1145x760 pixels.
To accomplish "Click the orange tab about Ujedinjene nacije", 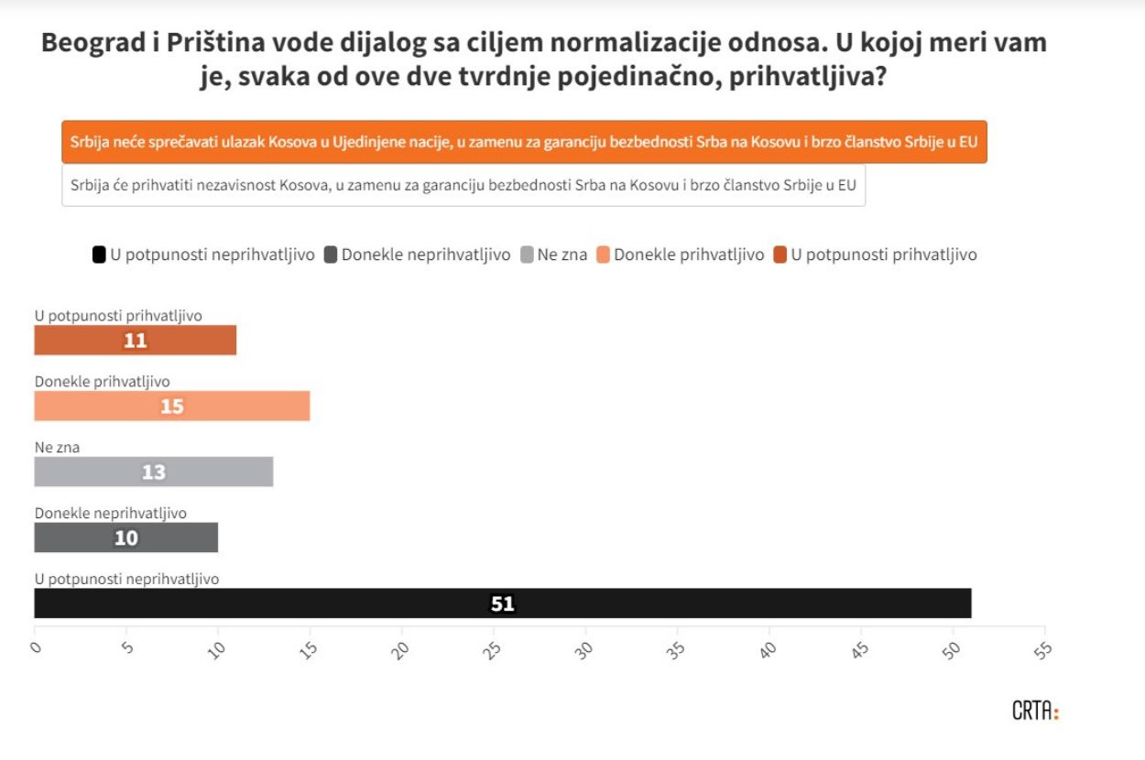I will [524, 142].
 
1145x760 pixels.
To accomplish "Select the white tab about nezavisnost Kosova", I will [463, 185].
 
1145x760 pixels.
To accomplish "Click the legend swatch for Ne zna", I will [527, 255].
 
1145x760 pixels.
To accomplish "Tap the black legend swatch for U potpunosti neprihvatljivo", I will [99, 255].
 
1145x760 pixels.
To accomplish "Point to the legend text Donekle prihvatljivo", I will [689, 255].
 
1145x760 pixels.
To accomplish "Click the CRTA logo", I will [1035, 711].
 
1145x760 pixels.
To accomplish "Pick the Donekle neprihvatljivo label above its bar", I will [111, 514].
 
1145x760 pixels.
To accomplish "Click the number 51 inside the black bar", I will [503, 604].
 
